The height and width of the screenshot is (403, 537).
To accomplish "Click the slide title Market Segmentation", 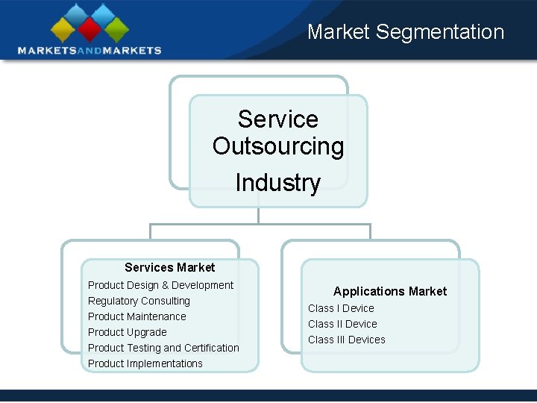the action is (406, 32).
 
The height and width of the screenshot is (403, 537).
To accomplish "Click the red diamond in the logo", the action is (89, 28).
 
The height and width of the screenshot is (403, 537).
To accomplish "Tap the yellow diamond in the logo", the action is (63, 28).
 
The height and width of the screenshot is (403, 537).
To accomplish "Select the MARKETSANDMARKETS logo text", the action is (89, 50).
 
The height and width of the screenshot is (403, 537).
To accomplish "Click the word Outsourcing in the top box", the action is (278, 146).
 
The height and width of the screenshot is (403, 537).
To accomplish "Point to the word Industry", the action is (277, 183).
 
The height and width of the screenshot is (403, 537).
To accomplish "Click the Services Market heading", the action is (170, 267).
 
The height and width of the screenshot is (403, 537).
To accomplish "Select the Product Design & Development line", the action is (160, 285).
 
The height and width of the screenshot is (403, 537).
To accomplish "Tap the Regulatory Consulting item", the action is (139, 301).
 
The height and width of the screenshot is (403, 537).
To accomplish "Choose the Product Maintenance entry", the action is (137, 316).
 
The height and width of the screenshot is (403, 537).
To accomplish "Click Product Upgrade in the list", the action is (128, 332).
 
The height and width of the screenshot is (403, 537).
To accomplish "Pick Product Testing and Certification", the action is (163, 348).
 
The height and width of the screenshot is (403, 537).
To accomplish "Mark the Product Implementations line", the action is (145, 363).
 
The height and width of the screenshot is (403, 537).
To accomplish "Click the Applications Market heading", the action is (390, 291).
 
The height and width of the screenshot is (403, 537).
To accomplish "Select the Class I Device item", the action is (341, 308).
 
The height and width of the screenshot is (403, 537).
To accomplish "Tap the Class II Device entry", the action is (342, 324).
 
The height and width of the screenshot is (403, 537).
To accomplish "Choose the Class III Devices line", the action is (347, 340).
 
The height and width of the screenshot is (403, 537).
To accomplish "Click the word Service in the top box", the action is (278, 119).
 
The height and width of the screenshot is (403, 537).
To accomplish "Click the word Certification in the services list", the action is (212, 348).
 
